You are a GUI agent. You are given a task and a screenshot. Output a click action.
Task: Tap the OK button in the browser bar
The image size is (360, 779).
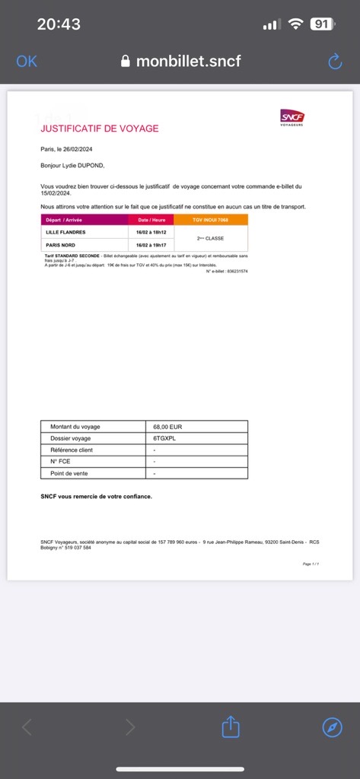(26, 62)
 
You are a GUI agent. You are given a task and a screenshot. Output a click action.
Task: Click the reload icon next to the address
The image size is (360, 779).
(335, 62)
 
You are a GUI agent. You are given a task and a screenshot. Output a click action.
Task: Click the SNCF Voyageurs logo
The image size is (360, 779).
(292, 117)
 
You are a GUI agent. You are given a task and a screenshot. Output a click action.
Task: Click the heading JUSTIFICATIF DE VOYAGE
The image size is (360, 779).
(100, 129)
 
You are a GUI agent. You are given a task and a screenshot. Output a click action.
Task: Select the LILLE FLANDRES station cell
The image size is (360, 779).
(65, 231)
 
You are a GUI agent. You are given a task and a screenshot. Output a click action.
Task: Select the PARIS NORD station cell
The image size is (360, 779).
(61, 245)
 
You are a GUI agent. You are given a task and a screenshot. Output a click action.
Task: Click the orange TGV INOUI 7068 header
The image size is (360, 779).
(215, 219)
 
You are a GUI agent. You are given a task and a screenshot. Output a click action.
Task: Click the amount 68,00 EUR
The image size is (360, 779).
(168, 427)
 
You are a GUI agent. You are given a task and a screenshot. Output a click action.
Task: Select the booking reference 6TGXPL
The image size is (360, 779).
(168, 438)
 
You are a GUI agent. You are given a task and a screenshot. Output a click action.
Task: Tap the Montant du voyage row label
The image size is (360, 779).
(75, 427)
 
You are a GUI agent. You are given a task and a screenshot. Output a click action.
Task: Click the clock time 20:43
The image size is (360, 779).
(59, 24)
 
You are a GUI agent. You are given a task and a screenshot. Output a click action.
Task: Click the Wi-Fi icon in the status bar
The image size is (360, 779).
(295, 24)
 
